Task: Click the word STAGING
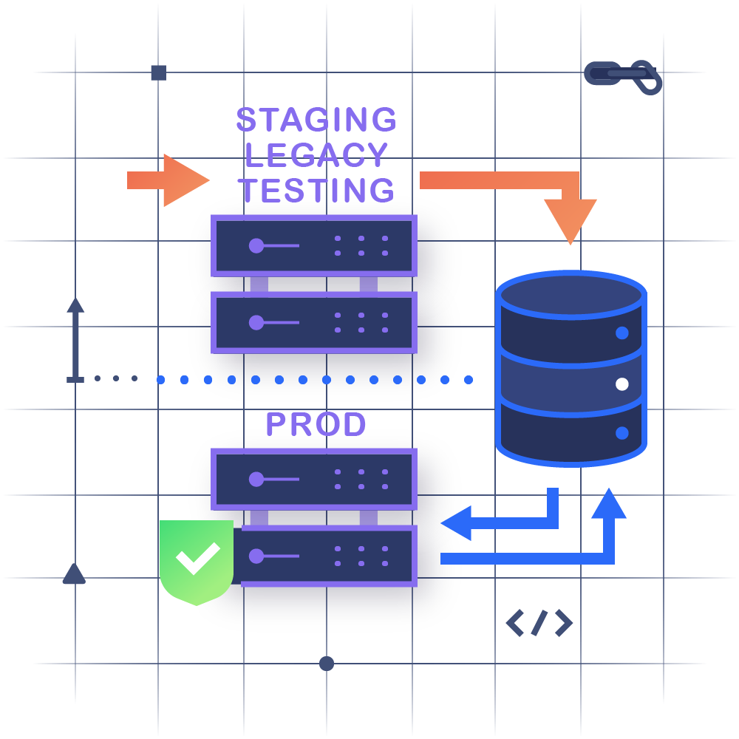[x=316, y=120]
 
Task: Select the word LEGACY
[x=316, y=155]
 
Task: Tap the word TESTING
[x=316, y=190]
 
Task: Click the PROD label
[x=316, y=424]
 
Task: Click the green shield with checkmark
[x=197, y=559]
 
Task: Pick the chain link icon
[x=623, y=75]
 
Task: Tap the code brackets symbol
[x=539, y=623]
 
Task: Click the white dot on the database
[x=622, y=384]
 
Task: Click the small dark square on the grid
[x=158, y=72]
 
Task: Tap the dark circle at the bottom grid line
[x=327, y=664]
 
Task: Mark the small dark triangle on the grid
[x=74, y=574]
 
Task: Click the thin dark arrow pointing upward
[x=75, y=340]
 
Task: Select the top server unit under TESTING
[x=314, y=245]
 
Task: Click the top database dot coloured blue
[x=622, y=333]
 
